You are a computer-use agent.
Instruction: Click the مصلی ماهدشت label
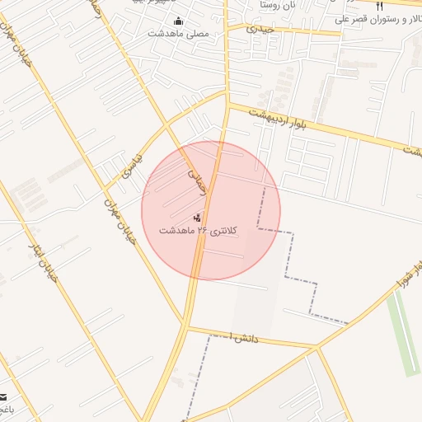click(179, 34)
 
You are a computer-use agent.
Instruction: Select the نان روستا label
click(278, 5)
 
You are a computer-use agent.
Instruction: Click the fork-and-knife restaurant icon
click(378, 6)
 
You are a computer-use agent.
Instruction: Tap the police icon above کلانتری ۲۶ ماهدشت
click(196, 218)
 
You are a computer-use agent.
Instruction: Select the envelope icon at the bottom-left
click(2, 396)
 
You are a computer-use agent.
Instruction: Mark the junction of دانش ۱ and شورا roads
click(317, 347)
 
